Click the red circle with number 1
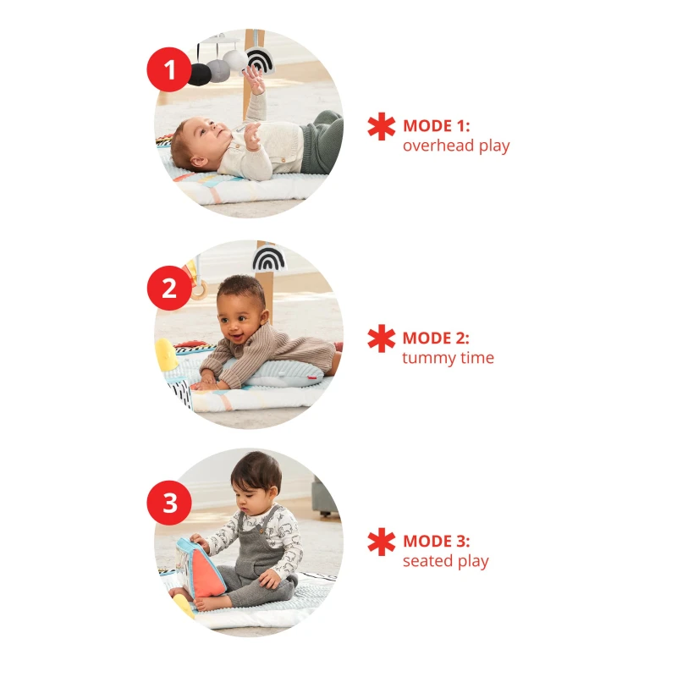coord(169,69)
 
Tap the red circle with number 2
coord(169,288)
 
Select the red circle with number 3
coord(169,503)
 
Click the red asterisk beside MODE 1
coord(382,126)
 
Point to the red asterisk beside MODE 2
coord(382,338)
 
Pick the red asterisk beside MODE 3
coord(382,542)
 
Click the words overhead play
coord(456,146)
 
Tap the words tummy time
coord(449,358)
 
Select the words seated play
coord(446,561)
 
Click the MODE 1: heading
coord(436,126)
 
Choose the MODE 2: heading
coord(436,338)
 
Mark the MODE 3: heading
coord(436,541)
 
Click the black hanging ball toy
coord(200,74)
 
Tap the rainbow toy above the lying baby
coord(258,61)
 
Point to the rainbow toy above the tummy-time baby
coord(268,258)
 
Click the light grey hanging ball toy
coord(218,70)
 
